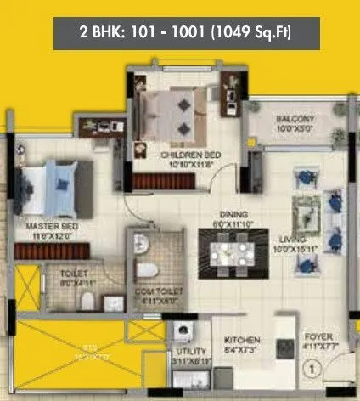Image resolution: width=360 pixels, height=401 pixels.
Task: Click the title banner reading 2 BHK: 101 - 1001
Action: tap(179, 36)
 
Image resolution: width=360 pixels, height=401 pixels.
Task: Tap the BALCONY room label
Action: tap(295, 118)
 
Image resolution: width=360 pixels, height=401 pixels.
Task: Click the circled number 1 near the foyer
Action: tap(312, 370)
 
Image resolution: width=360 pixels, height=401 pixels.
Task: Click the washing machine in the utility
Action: tap(181, 333)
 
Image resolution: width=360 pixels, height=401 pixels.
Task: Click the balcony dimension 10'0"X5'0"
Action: tap(295, 129)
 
